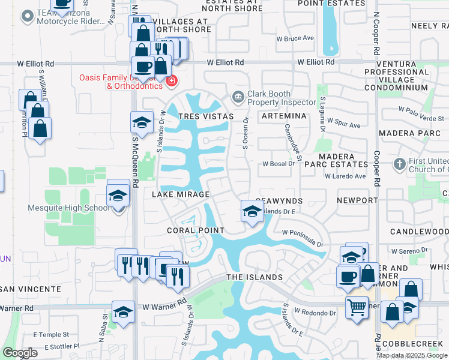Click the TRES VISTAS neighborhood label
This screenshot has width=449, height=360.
(204, 116)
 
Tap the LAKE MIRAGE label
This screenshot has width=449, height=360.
(180, 194)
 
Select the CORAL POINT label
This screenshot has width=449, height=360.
(196, 230)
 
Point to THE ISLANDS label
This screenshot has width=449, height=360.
(254, 277)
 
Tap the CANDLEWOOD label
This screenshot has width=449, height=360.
(419, 232)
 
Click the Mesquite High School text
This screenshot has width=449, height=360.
(69, 208)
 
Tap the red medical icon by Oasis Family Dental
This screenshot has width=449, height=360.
(171, 81)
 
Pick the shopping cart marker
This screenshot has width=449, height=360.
(357, 308)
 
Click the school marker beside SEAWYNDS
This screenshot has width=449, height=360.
(252, 211)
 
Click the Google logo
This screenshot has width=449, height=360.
(20, 353)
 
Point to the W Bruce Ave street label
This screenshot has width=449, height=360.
(299, 38)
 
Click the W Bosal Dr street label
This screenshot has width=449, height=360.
(278, 164)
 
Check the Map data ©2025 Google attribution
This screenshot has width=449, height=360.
(412, 355)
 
